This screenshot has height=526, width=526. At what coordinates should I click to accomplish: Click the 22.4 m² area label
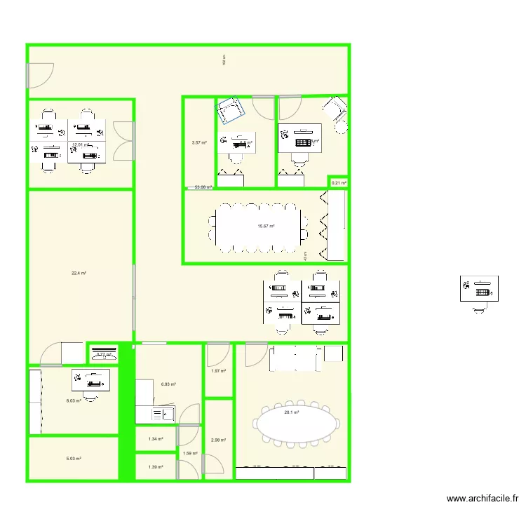[79, 274]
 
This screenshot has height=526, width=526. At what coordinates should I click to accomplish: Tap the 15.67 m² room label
[266, 226]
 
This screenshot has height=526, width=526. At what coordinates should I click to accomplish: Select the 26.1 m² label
[292, 412]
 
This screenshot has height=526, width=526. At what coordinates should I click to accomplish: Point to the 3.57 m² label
[199, 142]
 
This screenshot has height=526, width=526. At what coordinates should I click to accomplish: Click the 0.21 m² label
[339, 183]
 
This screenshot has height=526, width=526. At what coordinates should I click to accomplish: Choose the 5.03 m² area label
[74, 459]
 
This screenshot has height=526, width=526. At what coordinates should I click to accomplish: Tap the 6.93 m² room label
[168, 384]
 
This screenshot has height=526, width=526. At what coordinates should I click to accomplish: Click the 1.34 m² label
[156, 439]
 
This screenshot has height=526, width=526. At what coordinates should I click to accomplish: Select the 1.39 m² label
[156, 466]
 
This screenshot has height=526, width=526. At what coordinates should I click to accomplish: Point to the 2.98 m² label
[219, 440]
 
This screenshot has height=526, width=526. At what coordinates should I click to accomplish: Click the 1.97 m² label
[219, 370]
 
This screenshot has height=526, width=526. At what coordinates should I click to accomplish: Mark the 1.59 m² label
[190, 453]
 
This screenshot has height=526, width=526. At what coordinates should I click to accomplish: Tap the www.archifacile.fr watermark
[482, 499]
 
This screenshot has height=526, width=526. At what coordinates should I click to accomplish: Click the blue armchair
[231, 109]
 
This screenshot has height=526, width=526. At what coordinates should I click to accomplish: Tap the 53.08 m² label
[203, 187]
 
